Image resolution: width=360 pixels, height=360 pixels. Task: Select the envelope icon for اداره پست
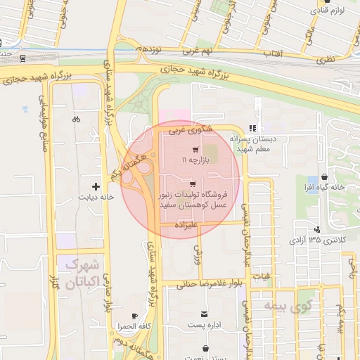(204, 313)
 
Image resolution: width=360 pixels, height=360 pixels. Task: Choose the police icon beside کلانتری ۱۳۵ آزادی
(319, 229)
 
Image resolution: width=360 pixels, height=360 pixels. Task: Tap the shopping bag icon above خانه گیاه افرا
(323, 176)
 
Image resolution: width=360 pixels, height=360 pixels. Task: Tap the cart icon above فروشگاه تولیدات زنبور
(193, 184)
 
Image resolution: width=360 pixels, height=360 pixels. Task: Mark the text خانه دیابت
(97, 198)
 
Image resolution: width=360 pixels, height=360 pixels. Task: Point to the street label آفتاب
(272, 53)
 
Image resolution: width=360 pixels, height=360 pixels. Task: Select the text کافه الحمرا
(135, 327)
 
